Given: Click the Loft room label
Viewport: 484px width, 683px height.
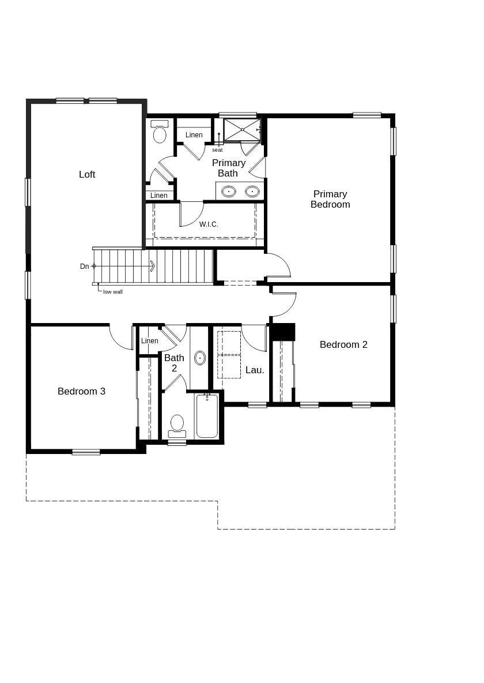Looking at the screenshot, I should pos(87,174).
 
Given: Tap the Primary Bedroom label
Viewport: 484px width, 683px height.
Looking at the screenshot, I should pos(330,199).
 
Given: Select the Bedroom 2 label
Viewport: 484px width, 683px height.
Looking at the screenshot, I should pos(343,344).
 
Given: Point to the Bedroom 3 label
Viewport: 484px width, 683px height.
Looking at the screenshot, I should pos(81,391).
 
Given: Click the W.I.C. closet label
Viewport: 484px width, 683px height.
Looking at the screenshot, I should pos(209,224).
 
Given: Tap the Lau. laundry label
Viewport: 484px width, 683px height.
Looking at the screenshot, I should pos(255,370).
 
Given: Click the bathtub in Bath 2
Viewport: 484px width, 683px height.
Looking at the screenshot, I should pos(207,416).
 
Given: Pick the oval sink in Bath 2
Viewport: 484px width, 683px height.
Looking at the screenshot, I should pos(200,358).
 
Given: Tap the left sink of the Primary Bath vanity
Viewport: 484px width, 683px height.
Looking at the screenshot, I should pos(229,191).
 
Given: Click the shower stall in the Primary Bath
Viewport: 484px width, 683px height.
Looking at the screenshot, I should pos(242,129).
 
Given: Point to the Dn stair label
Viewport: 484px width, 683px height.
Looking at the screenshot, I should pos(85,267).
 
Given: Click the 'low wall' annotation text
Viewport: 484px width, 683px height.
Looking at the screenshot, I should pos(113,292).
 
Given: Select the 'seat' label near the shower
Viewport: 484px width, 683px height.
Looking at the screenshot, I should pos(217,150).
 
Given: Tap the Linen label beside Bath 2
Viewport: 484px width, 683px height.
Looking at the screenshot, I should pos(150,341).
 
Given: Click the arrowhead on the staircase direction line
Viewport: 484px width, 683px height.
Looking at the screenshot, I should pos(153,266).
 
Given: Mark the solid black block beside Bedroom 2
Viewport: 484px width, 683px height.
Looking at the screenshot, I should pos(282,332).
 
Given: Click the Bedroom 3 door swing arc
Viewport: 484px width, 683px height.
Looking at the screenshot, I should pos(119,341).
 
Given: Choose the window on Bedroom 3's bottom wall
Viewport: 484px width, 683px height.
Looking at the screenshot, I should pos(86,452).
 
